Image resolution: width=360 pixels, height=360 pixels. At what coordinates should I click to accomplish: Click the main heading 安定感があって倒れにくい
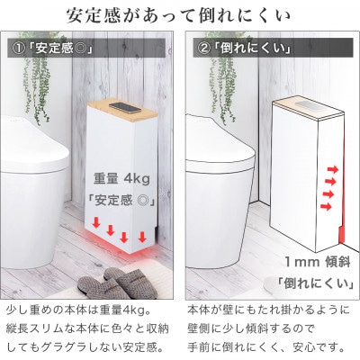pos(180,15)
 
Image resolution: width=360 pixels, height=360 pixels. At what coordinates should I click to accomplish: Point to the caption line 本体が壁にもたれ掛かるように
pos(267,309)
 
